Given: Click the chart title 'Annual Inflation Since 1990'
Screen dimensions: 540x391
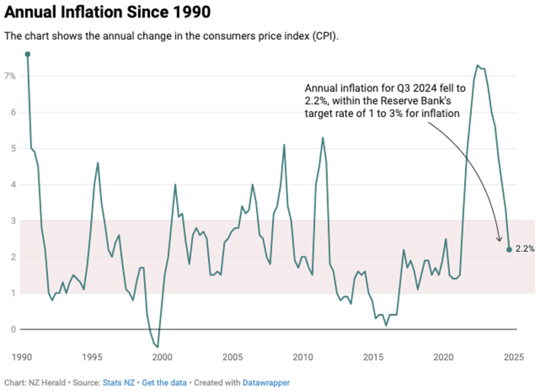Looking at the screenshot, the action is [107, 12].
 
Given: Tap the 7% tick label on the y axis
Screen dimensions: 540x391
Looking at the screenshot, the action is [10, 76].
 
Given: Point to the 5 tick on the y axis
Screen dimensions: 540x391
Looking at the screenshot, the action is [13, 148].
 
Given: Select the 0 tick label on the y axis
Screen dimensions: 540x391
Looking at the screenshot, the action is [13, 330].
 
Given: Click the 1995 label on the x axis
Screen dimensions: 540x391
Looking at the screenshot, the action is [92, 358].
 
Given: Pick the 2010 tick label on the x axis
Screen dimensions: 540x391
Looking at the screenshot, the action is [302, 358].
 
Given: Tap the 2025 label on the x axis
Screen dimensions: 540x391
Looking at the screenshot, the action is [514, 358].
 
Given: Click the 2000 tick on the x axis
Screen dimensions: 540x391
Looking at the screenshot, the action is [162, 358].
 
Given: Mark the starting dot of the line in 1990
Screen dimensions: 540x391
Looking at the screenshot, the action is [27, 54].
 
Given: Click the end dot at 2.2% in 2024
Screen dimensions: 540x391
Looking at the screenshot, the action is [509, 250].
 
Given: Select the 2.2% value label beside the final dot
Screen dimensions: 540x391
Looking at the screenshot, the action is [525, 249].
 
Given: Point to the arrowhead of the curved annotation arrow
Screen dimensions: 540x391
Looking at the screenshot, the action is [499, 239].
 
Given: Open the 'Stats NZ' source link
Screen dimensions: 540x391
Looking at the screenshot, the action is [118, 383].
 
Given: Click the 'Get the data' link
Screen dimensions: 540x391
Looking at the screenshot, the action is [164, 383].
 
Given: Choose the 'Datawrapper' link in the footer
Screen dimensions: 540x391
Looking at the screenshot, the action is [266, 383].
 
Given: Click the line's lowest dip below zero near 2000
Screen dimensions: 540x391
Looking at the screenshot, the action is [157, 347].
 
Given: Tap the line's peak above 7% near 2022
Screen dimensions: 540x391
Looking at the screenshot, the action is [477, 65].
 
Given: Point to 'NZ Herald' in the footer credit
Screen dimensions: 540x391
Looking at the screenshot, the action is [47, 383].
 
